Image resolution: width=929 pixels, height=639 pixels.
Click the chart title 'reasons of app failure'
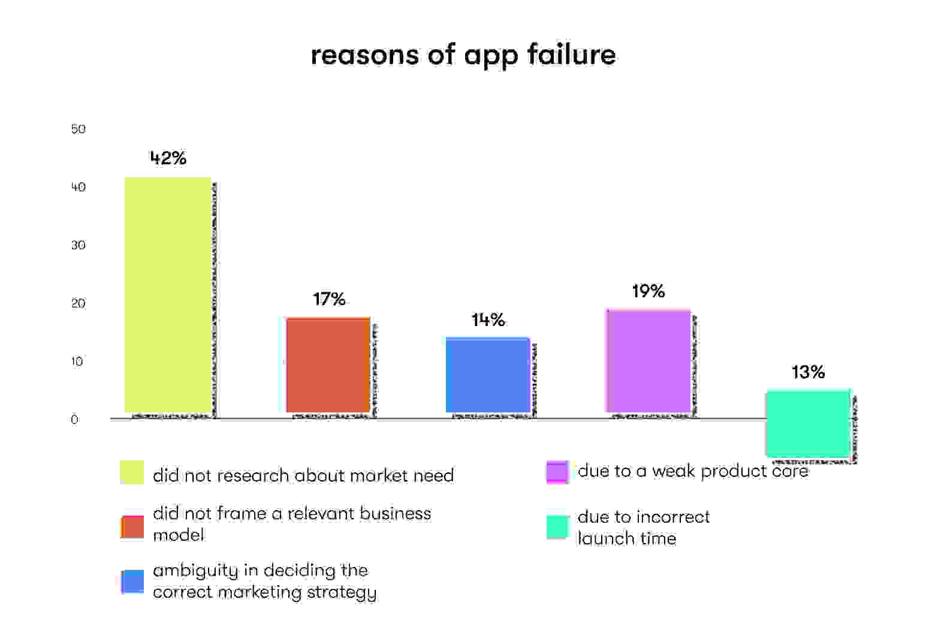pos(463,55)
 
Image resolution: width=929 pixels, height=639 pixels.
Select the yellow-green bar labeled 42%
pos(168,295)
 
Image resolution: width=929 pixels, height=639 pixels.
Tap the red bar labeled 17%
pos(328,364)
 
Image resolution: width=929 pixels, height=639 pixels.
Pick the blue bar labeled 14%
pos(487,375)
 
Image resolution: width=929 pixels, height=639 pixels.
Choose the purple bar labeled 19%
pos(648,361)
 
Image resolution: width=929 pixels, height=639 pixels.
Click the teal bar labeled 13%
pos(808,423)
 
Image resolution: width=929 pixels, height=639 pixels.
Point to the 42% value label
pos(168,158)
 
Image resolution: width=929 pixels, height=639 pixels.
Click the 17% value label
pos(329,299)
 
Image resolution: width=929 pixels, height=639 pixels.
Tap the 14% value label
pos(488,320)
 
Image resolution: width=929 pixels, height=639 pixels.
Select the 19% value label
pos(648,291)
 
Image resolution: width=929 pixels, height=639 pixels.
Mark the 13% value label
pos(808,372)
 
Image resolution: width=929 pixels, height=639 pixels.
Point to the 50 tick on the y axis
pos(78,129)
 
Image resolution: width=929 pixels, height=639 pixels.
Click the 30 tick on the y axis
pos(78,245)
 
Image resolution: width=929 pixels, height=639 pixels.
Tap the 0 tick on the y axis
pos(74,420)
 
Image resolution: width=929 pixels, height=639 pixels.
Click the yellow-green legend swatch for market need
pos(132,472)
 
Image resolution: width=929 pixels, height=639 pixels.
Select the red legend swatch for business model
pos(132,527)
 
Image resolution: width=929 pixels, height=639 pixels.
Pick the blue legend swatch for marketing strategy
pos(132,581)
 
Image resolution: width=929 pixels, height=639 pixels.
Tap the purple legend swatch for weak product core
pos(557,472)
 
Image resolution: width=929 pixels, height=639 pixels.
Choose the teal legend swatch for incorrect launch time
pos(557,527)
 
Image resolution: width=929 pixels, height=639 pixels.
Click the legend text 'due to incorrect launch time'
pos(643,528)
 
